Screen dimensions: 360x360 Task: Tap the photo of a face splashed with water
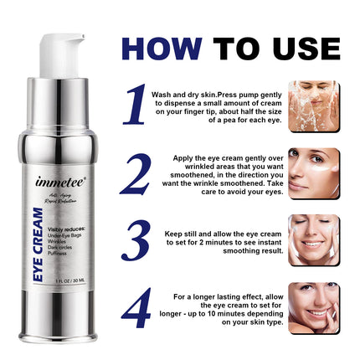coord(314,105)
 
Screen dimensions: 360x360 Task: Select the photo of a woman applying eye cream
coord(314,172)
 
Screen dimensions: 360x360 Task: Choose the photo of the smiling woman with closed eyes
coord(314,240)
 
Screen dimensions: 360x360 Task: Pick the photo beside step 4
coord(314,307)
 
